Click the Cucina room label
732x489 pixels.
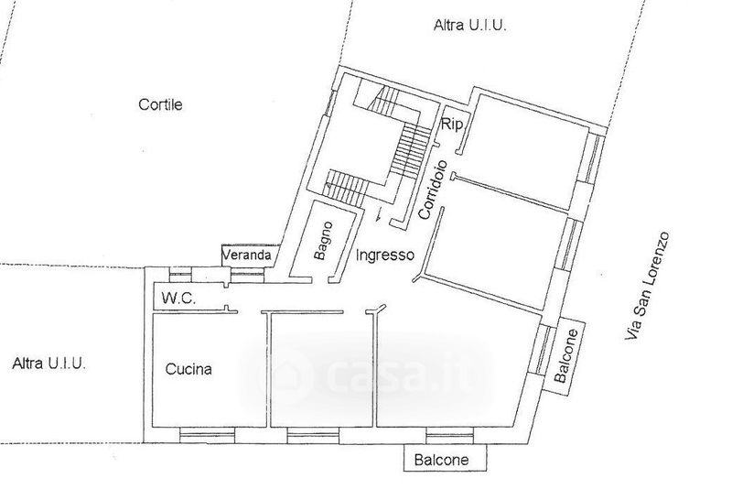(x=188, y=370)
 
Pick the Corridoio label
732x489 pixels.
(x=435, y=190)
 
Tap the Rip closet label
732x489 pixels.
(x=451, y=125)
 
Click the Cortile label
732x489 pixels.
(x=160, y=104)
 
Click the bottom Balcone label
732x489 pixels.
(x=445, y=460)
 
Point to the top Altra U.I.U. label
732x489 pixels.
(x=469, y=27)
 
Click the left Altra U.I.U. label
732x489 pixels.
(x=49, y=364)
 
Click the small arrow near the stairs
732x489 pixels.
(x=378, y=216)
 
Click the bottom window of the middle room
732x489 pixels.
(x=309, y=434)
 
